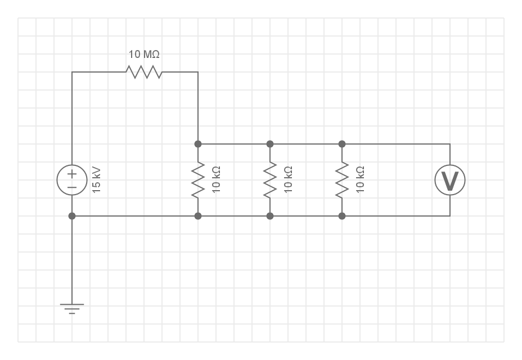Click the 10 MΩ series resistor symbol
click(144, 72)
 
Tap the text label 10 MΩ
click(144, 55)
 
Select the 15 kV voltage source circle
click(72, 180)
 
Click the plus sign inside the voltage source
click(72, 173)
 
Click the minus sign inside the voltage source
click(72, 187)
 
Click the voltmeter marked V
click(450, 180)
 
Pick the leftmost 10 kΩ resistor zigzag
click(198, 180)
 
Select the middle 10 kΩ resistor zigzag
click(270, 180)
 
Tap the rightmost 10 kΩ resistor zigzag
click(342, 180)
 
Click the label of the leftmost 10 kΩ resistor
click(217, 180)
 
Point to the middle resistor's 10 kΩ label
click(289, 180)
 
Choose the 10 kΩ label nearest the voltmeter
click(361, 180)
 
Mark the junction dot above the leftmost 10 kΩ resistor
click(198, 144)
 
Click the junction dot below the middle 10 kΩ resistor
click(270, 216)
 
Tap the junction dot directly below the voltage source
click(72, 216)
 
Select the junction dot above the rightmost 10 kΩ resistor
click(342, 144)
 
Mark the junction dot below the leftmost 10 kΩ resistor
click(198, 216)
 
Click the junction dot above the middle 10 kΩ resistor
click(270, 144)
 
